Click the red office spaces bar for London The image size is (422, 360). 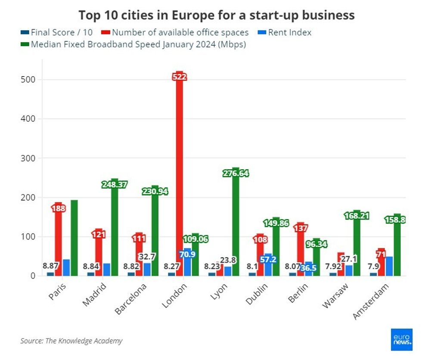click(180, 172)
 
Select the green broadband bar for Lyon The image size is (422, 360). click(236, 224)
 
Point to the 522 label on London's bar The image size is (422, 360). click(180, 77)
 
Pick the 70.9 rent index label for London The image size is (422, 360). click(187, 254)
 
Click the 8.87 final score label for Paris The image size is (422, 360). click(51, 266)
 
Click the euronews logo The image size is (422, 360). click(402, 339)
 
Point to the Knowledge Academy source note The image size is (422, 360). click(71, 341)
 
